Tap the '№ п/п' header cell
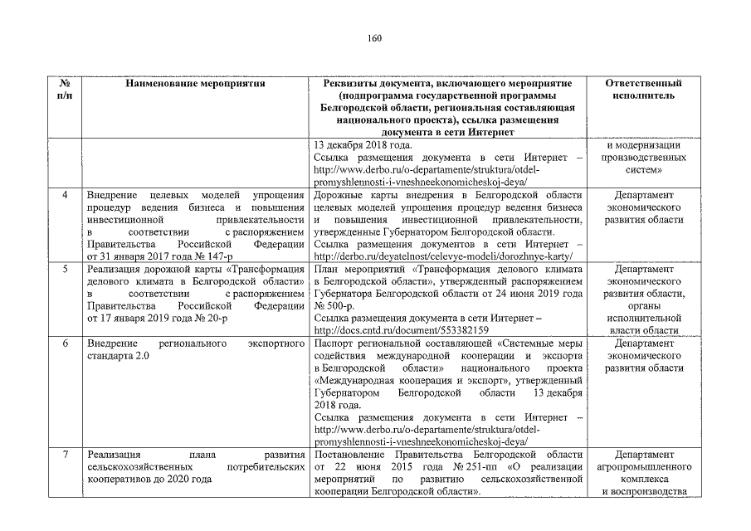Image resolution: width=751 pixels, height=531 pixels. coord(65,90)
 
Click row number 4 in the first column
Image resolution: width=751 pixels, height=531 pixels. coord(65,194)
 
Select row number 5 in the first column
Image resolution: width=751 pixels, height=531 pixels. coord(65,269)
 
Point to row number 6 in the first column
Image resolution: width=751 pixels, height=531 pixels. coord(65,343)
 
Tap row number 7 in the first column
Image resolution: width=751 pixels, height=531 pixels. coord(65,455)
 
